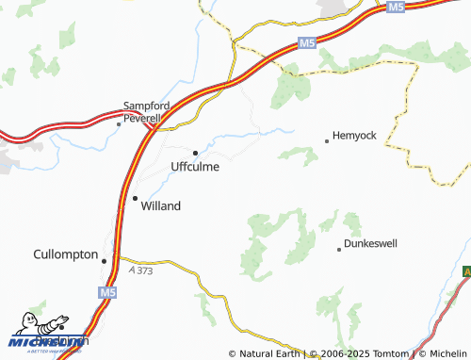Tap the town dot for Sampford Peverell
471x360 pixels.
(119, 123)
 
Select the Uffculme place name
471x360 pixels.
(195, 167)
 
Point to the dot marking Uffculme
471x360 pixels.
(195, 153)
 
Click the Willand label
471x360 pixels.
(160, 205)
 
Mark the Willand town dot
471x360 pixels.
(135, 198)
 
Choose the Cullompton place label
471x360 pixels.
(65, 255)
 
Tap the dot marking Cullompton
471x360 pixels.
(105, 261)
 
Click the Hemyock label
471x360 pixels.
(354, 136)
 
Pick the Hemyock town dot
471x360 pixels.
(327, 141)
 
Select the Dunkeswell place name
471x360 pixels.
(370, 244)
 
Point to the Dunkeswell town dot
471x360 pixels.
(339, 250)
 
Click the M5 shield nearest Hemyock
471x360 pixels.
(305, 43)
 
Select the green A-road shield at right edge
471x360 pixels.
(466, 271)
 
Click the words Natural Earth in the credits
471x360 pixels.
(269, 353)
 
